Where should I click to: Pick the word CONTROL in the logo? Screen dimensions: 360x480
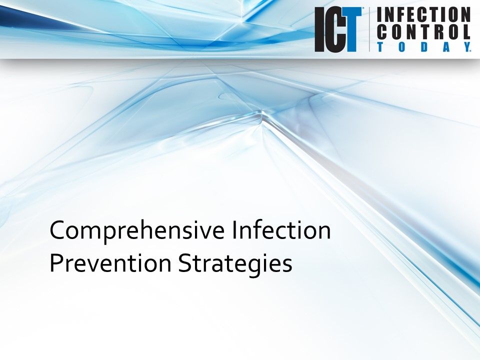pos(423,32)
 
